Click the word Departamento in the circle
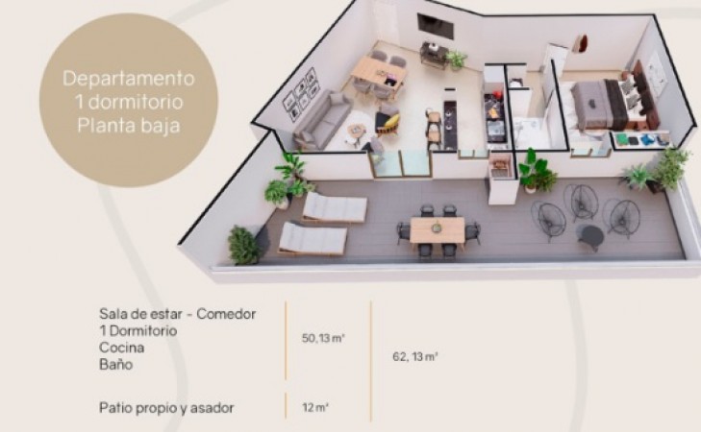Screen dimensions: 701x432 (129, 79)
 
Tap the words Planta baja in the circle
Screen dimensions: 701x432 (129, 125)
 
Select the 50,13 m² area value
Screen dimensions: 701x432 (323, 338)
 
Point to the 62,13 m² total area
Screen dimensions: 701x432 (414, 357)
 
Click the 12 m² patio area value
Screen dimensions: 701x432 (315, 407)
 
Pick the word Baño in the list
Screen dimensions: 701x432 (115, 365)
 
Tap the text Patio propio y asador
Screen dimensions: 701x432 (166, 408)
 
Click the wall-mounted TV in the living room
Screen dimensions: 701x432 (435, 25)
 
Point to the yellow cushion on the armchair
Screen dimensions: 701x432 (391, 121)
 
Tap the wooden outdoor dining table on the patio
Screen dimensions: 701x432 (438, 229)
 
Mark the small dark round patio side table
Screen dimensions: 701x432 (590, 235)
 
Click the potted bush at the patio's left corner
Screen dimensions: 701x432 (243, 245)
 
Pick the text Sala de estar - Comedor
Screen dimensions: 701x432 (178, 314)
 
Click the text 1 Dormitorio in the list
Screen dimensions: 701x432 (138, 330)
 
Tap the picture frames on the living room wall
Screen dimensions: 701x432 (300, 94)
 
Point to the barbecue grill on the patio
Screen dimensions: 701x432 (498, 168)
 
